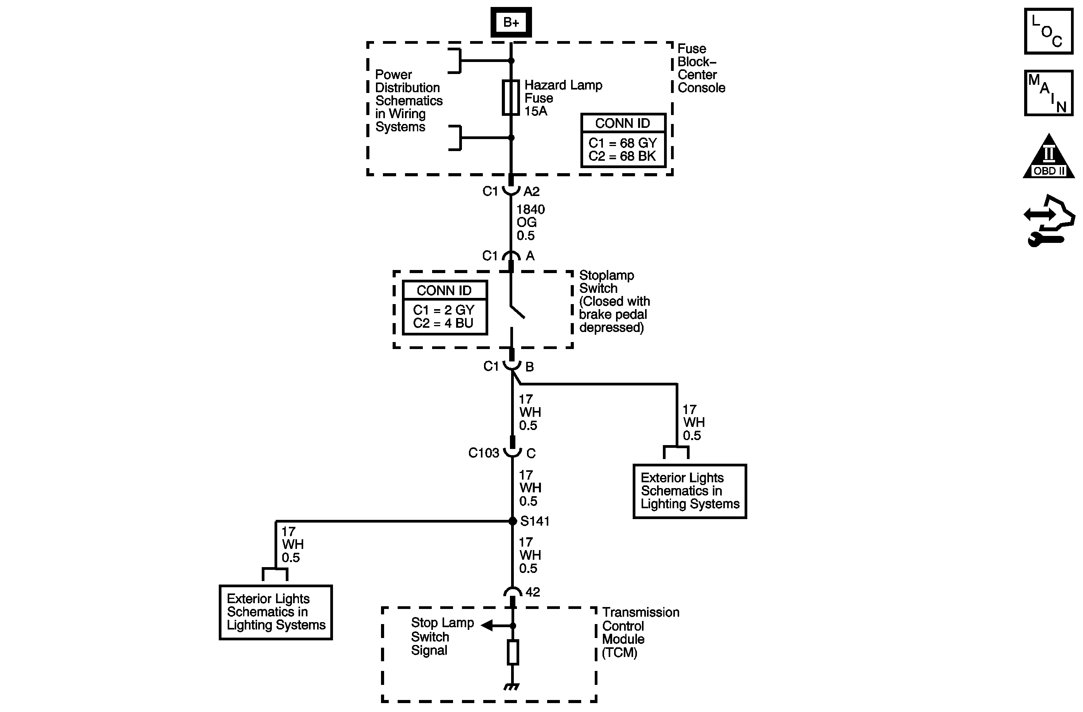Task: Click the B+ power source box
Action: [x=511, y=22]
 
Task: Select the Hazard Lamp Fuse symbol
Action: [x=511, y=97]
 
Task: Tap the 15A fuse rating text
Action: [x=535, y=111]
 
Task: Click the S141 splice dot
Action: [x=512, y=521]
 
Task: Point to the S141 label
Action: [x=535, y=521]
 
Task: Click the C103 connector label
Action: [x=483, y=453]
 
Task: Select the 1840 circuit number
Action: [x=530, y=210]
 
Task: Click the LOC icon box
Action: [x=1049, y=31]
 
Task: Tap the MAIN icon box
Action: [x=1049, y=93]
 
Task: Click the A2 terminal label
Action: [x=532, y=192]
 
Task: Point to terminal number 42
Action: [x=532, y=592]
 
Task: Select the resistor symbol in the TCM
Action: [x=513, y=652]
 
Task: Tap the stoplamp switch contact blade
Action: [x=517, y=311]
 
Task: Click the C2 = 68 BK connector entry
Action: [x=622, y=156]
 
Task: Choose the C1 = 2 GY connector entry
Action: [x=444, y=310]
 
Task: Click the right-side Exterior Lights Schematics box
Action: [x=689, y=491]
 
